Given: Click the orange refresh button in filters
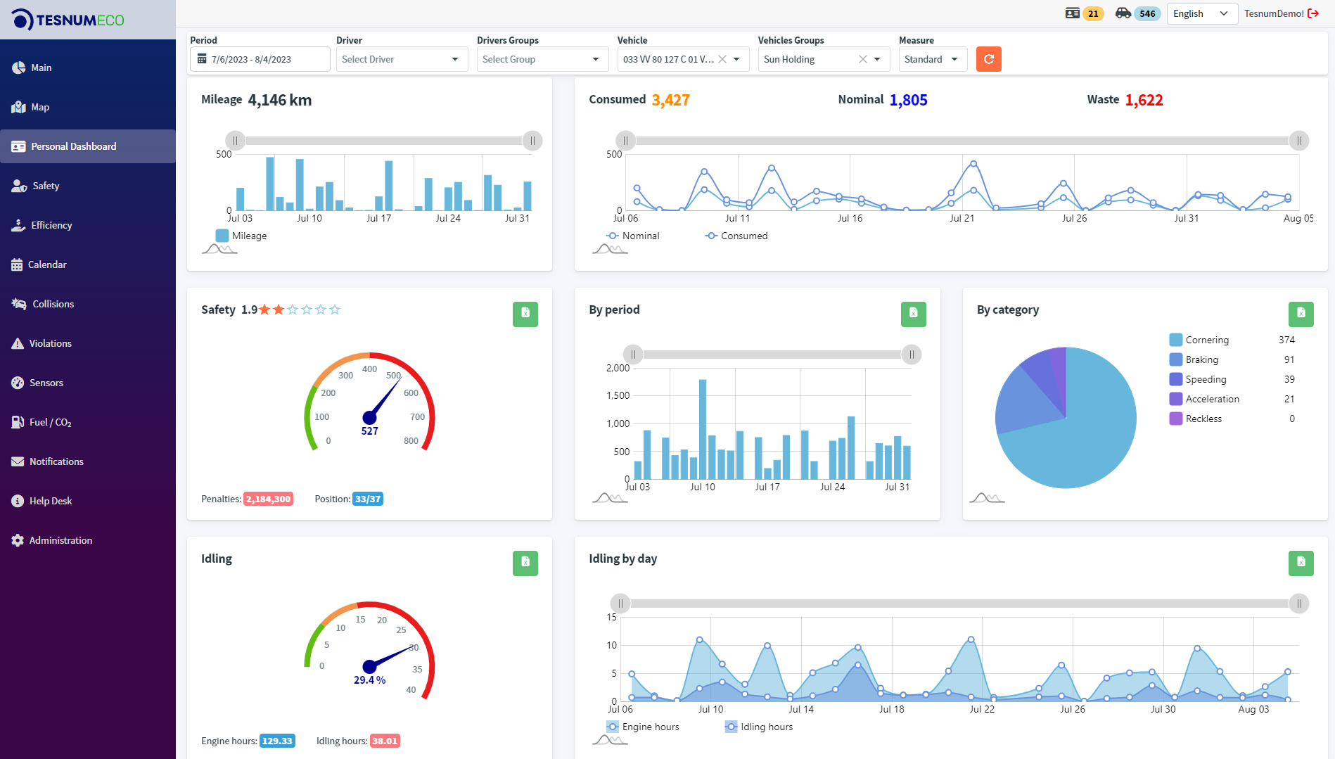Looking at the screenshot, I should pos(988,59).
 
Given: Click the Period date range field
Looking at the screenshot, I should pos(260,59).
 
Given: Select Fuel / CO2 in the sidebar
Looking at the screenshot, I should pos(50,422).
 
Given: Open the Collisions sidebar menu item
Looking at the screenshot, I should pos(53,304).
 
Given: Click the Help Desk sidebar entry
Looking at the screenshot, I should pos(50,501).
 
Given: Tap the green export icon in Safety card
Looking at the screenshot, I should pos(525,314).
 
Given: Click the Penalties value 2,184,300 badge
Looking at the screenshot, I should pos(268,499).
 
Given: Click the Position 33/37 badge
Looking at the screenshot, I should pos(368,499).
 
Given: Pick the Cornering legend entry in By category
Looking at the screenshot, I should pos(1206,340).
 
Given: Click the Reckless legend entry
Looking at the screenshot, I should pos(1203,419).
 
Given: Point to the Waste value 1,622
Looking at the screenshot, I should pos(1144,100).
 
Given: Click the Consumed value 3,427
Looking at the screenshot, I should pos(670,100).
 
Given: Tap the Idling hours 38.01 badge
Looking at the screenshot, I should pos(385,741).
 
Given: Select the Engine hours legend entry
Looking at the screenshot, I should pos(650,727).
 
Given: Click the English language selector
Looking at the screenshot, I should pos(1201,13).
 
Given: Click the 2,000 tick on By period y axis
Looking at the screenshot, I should pos(618,368).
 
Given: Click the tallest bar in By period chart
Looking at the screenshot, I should pos(702,429).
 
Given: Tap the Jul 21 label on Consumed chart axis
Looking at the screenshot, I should pos(962,218).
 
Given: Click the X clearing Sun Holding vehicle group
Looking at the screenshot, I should pos(862,59).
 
